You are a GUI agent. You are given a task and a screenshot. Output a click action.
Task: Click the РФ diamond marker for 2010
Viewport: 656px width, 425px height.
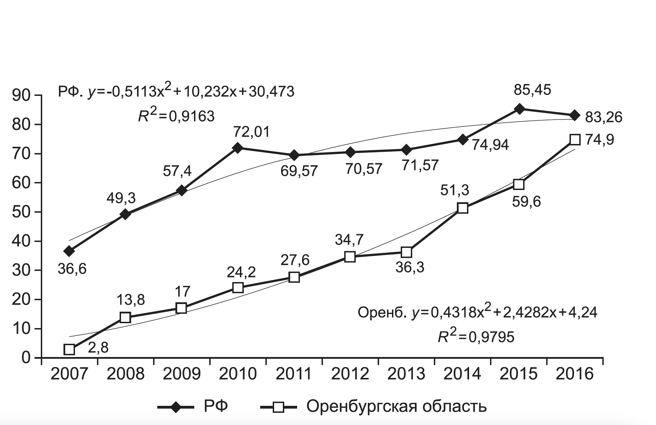[x=237, y=148]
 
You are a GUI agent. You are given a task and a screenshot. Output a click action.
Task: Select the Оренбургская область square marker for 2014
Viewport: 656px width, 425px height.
[x=462, y=208]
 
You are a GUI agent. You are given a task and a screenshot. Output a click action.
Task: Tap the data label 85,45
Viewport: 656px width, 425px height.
[x=532, y=90]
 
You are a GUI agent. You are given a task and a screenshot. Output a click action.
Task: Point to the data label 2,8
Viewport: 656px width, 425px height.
[x=98, y=348]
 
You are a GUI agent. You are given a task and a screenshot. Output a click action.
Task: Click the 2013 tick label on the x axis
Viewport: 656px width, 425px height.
[x=406, y=374]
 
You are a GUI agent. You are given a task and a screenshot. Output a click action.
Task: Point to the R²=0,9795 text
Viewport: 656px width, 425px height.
[x=476, y=336]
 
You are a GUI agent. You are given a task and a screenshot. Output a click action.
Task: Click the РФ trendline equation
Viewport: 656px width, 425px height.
[x=176, y=92]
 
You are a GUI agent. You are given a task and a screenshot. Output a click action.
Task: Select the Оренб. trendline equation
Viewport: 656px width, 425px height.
[x=477, y=312]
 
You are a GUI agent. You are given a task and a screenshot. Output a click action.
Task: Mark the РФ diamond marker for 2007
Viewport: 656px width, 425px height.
[x=69, y=251]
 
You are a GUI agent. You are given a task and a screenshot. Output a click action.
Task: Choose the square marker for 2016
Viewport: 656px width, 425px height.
[x=575, y=140]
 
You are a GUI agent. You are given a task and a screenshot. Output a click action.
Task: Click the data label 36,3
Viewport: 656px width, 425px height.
[x=410, y=267]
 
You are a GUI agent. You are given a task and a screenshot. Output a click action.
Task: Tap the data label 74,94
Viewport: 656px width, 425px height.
[x=490, y=144]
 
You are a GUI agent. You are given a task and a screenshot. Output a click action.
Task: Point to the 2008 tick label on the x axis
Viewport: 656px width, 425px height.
[x=125, y=374]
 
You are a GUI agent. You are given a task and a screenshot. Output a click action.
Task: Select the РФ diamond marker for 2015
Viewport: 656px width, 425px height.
[x=519, y=109]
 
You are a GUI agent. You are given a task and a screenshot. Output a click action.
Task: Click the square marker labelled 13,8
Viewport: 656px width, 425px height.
[x=125, y=318]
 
